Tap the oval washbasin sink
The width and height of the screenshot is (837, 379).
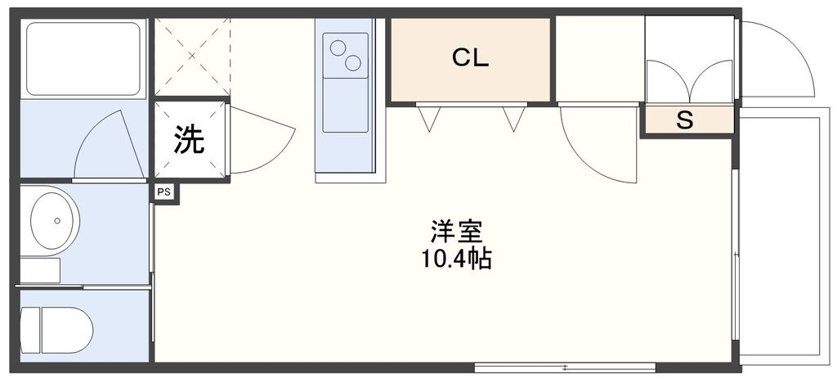pos(54,220)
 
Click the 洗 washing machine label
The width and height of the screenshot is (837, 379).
pos(189,140)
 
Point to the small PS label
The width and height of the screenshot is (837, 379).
pos(164,193)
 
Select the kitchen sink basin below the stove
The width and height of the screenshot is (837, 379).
pos(346,106)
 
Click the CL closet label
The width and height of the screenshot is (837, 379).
pos(471,58)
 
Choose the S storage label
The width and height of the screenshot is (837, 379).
pos(685,120)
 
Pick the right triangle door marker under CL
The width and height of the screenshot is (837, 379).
pos(513,119)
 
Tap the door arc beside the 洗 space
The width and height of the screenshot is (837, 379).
pos(260,139)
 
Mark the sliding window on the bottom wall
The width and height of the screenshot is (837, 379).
pos(564,366)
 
